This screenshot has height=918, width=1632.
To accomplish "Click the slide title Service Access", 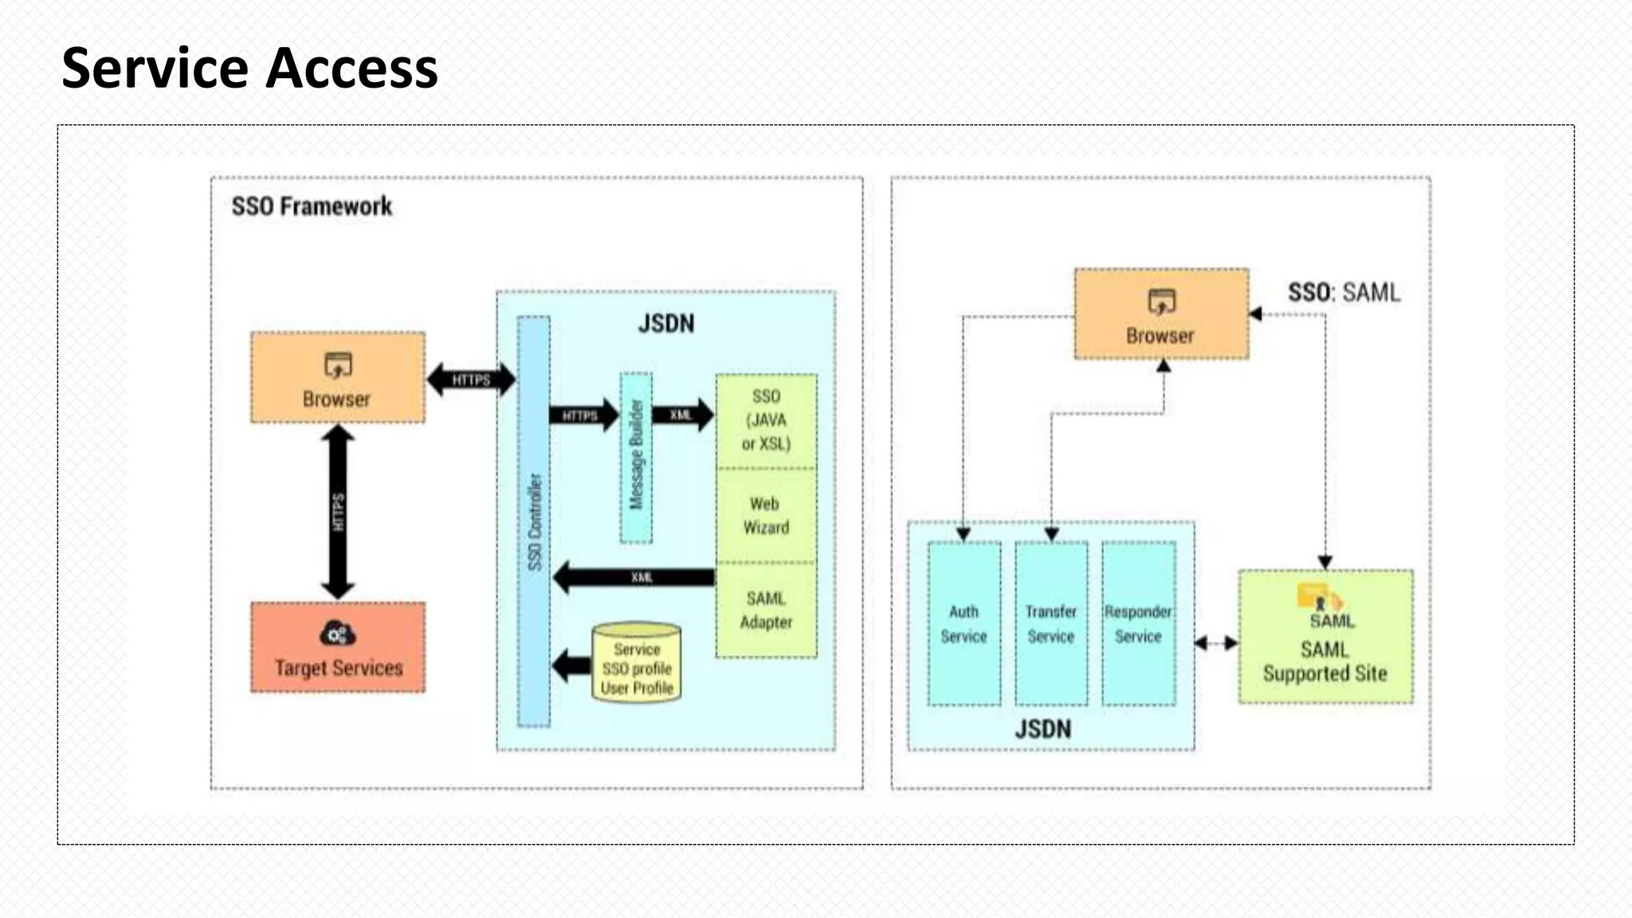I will (249, 69).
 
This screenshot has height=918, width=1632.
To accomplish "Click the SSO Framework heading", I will (312, 206).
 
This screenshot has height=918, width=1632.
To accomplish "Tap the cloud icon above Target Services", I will (337, 634).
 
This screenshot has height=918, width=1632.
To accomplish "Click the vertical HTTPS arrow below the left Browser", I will (338, 512).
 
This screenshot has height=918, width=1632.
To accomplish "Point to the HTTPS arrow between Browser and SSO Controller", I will (471, 379).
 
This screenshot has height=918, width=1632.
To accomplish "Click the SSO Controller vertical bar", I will (534, 522).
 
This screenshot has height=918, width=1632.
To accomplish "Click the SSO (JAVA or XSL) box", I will (766, 421).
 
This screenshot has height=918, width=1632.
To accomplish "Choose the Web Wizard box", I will (766, 516).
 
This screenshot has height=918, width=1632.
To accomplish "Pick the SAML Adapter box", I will (766, 610).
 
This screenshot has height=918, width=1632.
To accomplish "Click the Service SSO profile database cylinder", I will (636, 664).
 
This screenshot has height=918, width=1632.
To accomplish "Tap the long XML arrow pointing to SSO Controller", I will (637, 577).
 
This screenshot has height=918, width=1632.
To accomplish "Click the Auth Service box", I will (963, 624).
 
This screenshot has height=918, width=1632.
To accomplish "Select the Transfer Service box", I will (1050, 624).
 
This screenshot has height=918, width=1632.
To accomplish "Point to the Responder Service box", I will (1138, 624).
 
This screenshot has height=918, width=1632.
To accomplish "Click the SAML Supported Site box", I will (1325, 637).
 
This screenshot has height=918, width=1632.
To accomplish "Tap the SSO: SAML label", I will (1344, 292).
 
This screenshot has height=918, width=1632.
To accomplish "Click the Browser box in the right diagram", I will (1161, 315).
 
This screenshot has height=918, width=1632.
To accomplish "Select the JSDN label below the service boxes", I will (1042, 729).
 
